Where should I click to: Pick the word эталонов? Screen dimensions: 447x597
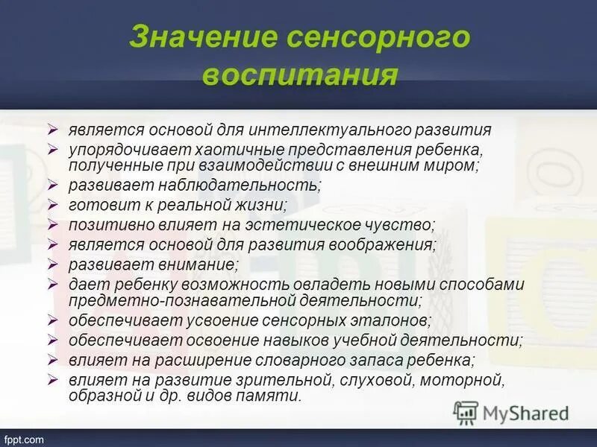(394, 320)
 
